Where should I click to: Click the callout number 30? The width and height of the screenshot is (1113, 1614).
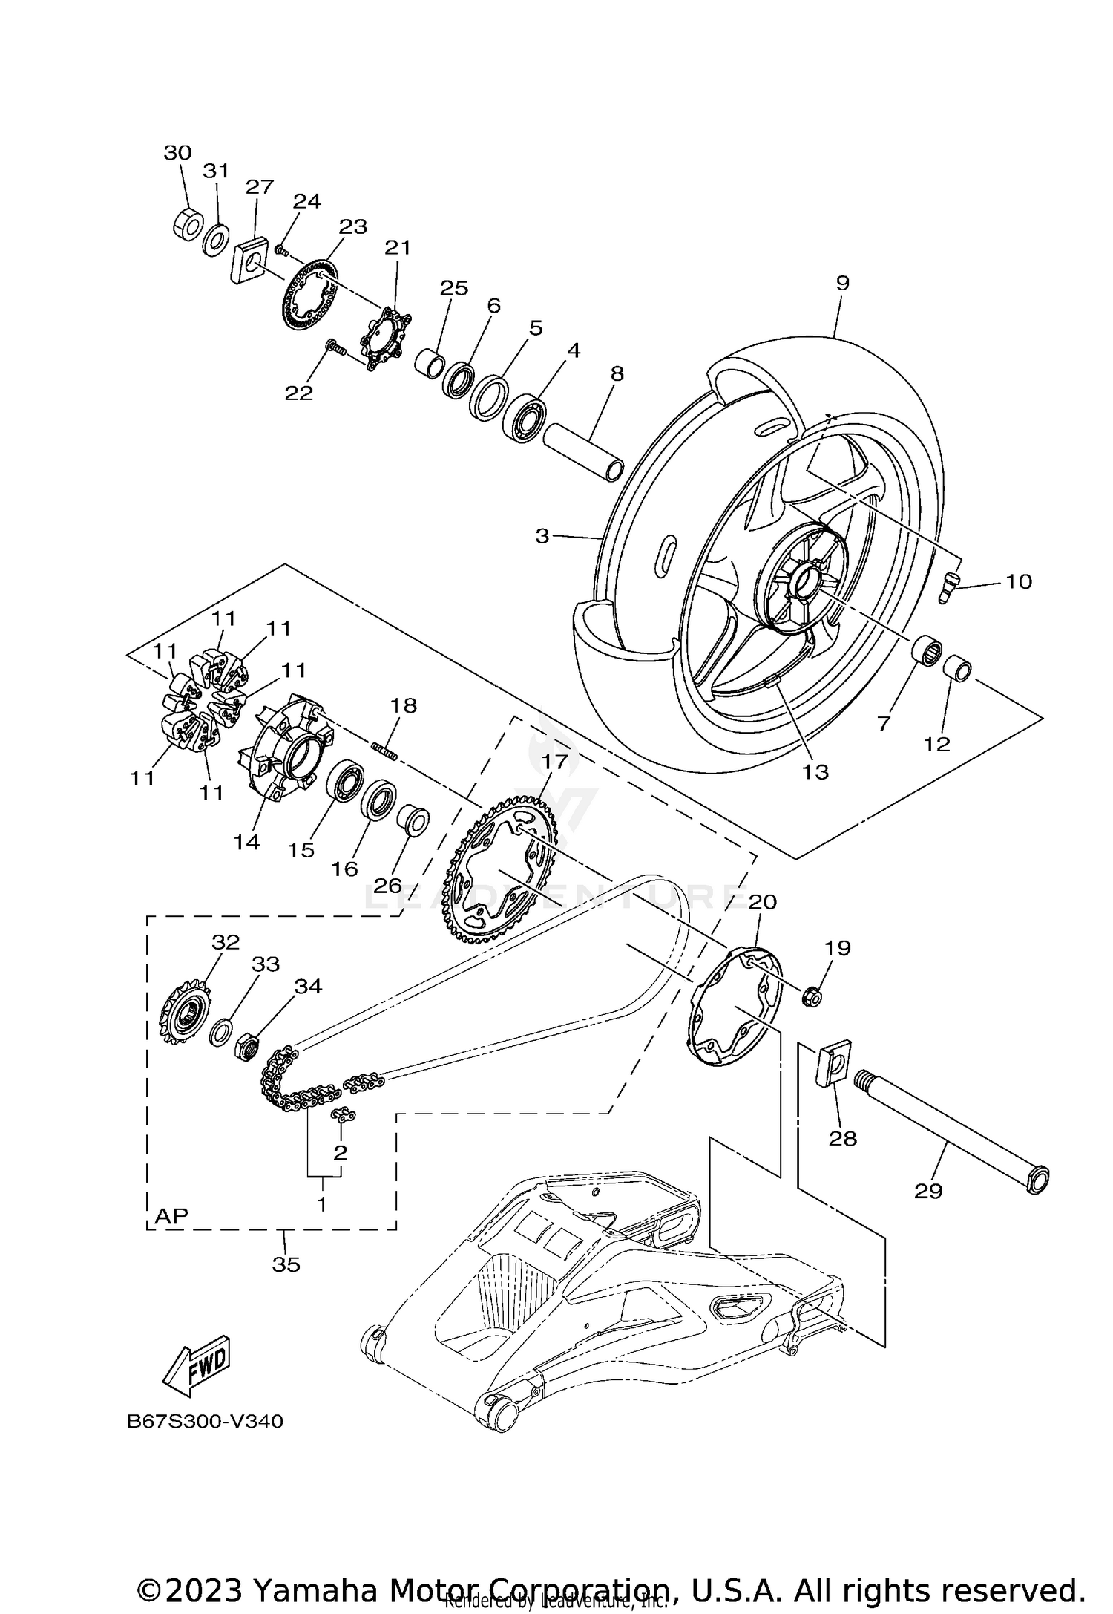click(x=177, y=153)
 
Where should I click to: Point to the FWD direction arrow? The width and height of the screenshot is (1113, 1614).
click(x=197, y=1365)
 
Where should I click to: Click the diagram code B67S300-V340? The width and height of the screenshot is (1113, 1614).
click(x=205, y=1422)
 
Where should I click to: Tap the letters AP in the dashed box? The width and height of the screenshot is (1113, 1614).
click(x=171, y=1216)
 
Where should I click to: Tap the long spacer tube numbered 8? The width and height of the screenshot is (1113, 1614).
click(x=582, y=451)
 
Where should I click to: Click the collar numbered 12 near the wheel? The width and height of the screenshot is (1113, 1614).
click(x=956, y=670)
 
